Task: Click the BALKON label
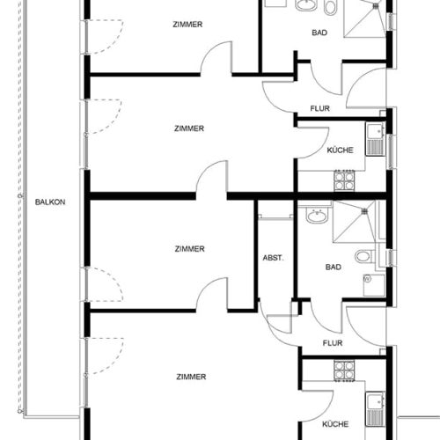50,201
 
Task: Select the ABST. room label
273,258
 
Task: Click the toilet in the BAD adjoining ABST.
363,256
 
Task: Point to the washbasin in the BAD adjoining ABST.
314,214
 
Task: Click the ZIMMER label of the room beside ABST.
189,249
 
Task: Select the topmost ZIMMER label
189,25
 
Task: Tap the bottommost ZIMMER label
189,377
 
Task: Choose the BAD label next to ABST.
333,267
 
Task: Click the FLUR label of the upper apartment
319,109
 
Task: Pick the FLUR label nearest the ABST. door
333,343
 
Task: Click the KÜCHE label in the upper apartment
340,150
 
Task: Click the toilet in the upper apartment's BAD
330,9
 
